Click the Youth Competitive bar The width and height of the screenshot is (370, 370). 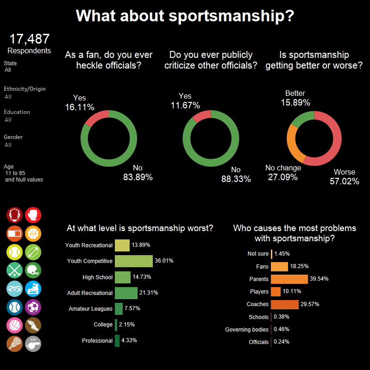click(x=134, y=261)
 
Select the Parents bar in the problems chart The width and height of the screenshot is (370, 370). click(x=289, y=279)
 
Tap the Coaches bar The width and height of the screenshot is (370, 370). click(x=285, y=305)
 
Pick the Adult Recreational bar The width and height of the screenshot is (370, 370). click(x=126, y=293)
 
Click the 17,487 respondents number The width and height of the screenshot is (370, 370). click(x=30, y=39)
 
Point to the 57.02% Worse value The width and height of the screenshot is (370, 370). click(x=344, y=181)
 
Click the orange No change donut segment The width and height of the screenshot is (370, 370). click(x=293, y=144)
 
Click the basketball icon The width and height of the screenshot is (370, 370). click(x=33, y=233)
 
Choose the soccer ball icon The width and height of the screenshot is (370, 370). click(x=33, y=307)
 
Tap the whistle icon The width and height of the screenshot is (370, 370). click(x=33, y=344)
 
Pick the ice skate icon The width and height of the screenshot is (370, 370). click(x=33, y=289)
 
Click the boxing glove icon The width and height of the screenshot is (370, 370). click(x=33, y=215)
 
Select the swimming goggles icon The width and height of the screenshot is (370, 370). click(x=15, y=289)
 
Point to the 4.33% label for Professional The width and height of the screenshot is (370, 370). click(x=129, y=340)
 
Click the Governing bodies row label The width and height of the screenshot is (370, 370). click(x=247, y=330)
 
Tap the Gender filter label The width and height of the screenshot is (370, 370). click(x=13, y=137)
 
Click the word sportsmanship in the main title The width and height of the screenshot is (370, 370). click(x=232, y=16)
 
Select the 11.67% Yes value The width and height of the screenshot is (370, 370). click(x=185, y=105)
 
